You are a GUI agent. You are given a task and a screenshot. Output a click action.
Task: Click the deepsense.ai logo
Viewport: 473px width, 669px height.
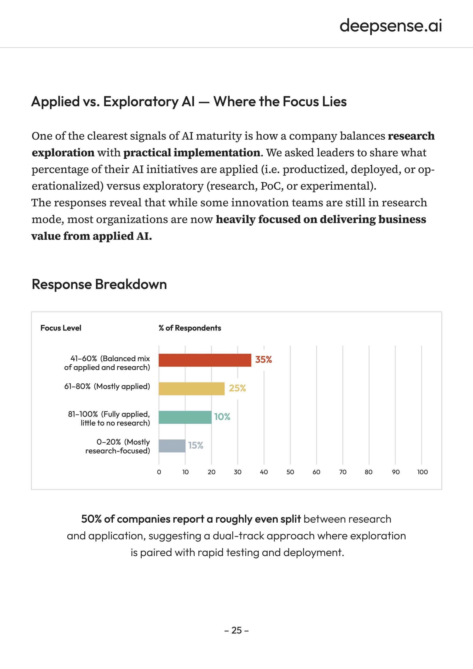click(390, 26)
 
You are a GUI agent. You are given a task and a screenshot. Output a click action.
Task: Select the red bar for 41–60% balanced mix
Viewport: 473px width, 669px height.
click(205, 360)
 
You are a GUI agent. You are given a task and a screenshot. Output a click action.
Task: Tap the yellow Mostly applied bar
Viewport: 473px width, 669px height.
click(192, 388)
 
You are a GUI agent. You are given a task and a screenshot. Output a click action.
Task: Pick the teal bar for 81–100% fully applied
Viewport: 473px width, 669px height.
click(185, 417)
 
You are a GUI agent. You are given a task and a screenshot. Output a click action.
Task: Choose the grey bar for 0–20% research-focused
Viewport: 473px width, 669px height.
click(172, 446)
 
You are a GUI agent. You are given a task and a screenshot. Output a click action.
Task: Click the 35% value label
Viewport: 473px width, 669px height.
click(263, 360)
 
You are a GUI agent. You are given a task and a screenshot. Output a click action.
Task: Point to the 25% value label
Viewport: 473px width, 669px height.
click(237, 388)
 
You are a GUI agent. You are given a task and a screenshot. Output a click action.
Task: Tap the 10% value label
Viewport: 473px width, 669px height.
click(222, 417)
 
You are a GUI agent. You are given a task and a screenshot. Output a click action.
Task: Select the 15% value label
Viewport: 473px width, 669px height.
click(195, 445)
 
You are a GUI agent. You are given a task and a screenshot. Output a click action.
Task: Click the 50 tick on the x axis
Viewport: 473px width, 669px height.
click(290, 472)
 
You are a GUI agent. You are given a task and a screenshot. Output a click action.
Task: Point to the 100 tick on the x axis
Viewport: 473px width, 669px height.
click(422, 472)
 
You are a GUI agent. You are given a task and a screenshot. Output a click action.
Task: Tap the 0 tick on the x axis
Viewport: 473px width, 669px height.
click(159, 472)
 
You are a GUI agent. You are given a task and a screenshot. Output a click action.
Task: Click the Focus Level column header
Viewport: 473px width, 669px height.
click(61, 328)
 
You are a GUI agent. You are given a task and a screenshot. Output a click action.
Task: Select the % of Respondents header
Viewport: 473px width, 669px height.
click(190, 328)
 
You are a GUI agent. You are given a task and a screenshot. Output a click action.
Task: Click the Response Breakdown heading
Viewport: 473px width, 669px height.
click(99, 284)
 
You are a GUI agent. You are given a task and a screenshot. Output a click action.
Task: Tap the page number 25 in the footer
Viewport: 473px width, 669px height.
click(236, 630)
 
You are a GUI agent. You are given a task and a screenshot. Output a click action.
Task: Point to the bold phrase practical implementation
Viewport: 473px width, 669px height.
click(192, 153)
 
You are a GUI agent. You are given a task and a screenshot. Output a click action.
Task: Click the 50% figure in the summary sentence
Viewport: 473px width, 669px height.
click(91, 519)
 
